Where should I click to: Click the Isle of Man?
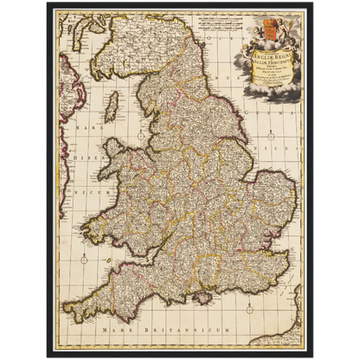[111, 108]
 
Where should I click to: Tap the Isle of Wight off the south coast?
[204, 297]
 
